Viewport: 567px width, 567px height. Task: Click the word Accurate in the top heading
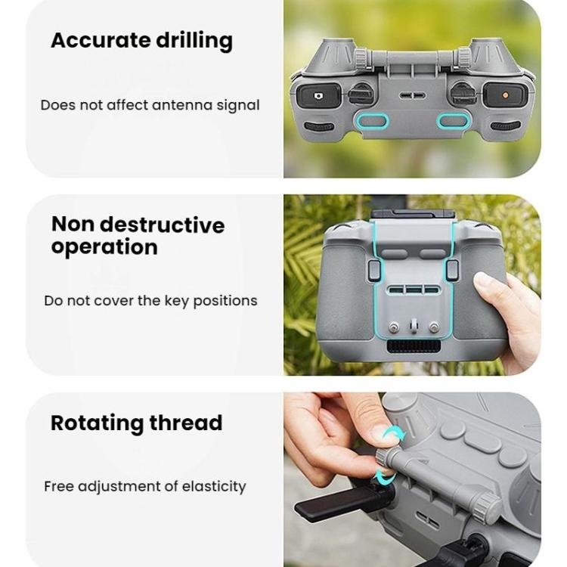pos(91,40)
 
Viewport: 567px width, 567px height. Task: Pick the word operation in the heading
pos(104,247)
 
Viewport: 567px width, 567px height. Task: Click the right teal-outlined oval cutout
pos(454,119)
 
